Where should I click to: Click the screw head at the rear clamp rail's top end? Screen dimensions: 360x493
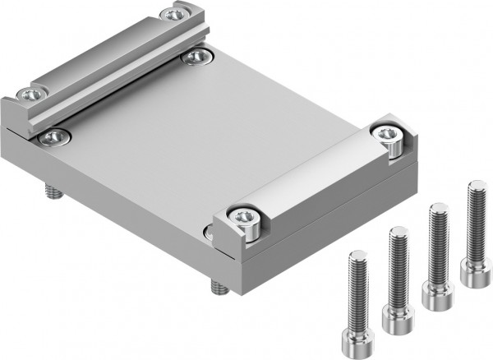click(173, 14)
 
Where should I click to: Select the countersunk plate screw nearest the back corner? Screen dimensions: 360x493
click(197, 56)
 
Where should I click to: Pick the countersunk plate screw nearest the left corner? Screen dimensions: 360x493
click(53, 136)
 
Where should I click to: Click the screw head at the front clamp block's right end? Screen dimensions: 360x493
click(385, 132)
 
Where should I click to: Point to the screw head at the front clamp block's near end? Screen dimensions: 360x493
click(244, 217)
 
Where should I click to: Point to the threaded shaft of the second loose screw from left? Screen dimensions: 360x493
click(399, 263)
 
